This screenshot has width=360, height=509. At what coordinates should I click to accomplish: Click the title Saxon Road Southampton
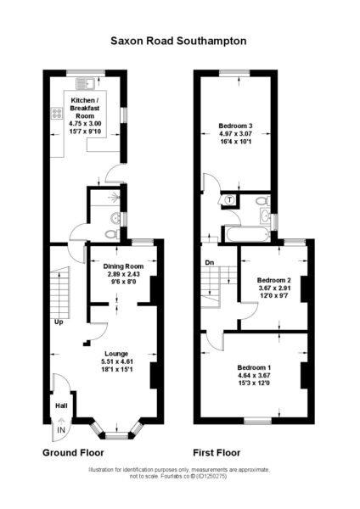click(x=178, y=42)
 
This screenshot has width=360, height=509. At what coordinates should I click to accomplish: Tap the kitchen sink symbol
click(x=85, y=84)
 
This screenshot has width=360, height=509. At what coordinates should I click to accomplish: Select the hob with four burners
click(x=57, y=114)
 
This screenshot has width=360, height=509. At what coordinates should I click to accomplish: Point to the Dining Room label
click(x=123, y=266)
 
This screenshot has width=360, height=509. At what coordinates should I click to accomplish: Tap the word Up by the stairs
click(x=59, y=322)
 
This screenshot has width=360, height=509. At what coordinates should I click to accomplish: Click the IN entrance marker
click(x=61, y=430)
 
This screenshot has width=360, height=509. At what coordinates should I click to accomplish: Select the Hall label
click(x=61, y=406)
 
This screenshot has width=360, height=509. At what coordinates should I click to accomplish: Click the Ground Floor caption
click(x=73, y=453)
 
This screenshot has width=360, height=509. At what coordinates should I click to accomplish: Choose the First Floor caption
click(x=217, y=453)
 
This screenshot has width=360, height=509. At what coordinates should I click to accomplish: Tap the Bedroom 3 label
click(x=235, y=126)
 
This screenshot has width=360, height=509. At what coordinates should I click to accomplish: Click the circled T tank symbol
click(x=230, y=200)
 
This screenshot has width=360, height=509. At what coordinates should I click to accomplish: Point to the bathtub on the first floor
click(x=247, y=234)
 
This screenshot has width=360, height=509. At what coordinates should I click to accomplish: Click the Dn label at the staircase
click(x=210, y=262)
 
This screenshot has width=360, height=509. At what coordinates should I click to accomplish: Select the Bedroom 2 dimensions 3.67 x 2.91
click(x=274, y=288)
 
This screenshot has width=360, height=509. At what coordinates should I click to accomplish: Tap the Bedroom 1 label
click(x=254, y=368)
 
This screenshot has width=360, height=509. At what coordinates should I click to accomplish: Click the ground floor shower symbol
click(x=114, y=197)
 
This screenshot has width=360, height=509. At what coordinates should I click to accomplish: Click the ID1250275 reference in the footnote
click(x=211, y=477)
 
